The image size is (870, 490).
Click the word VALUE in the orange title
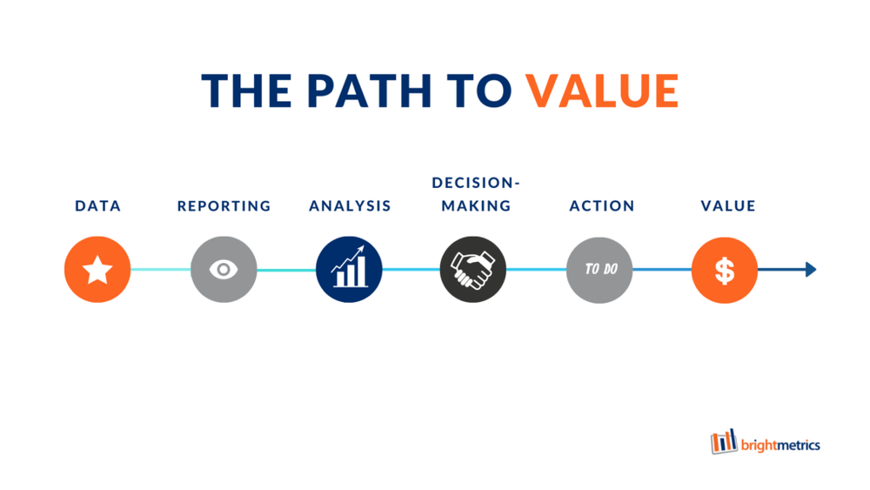click(602, 90)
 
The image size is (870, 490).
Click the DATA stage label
click(97, 206)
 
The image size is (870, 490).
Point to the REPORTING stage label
click(224, 206)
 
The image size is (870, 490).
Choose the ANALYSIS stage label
click(350, 206)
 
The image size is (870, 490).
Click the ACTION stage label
click(601, 206)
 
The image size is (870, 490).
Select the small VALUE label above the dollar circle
click(728, 206)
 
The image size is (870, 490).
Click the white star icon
click(97, 270)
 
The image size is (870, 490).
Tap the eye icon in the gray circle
click(224, 270)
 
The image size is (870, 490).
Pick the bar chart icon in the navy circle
click(349, 270)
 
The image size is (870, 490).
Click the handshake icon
click(474, 270)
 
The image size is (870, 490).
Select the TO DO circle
click(600, 270)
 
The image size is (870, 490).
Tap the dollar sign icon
click(725, 270)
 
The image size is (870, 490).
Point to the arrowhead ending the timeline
click(811, 270)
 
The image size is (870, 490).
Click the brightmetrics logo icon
click(724, 441)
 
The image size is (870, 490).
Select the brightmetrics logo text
click(780, 446)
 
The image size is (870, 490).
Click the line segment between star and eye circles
click(160, 270)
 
